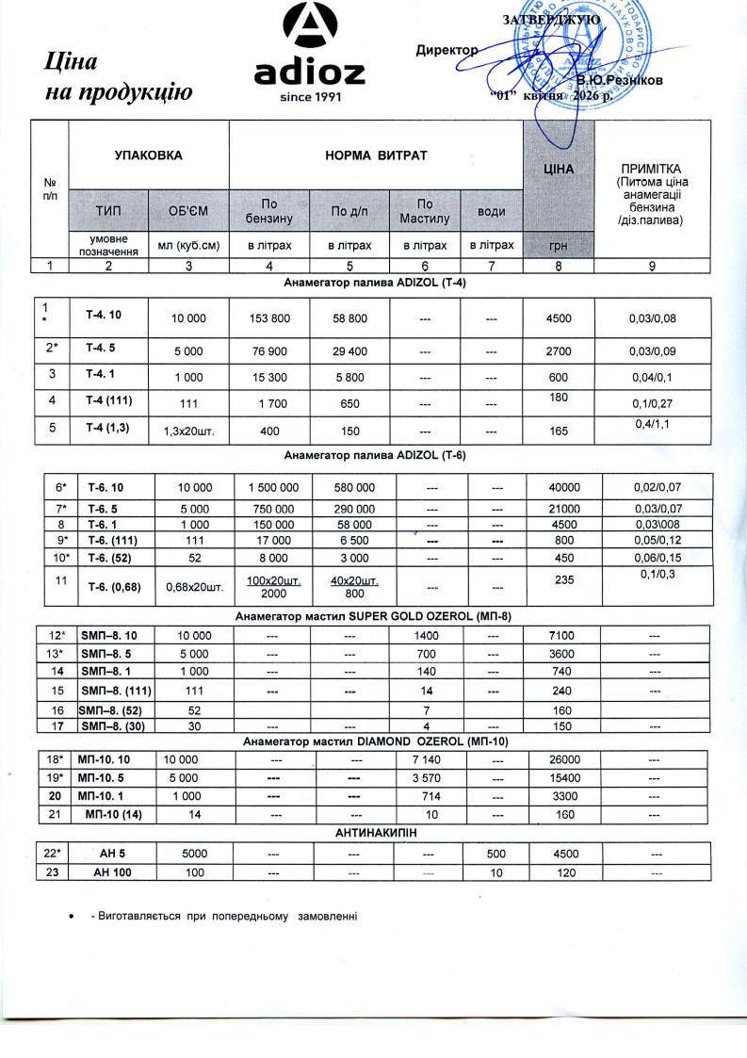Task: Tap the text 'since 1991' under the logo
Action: [310, 96]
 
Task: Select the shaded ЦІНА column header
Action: [559, 170]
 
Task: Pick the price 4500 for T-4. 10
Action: [559, 317]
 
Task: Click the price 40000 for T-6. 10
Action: [565, 487]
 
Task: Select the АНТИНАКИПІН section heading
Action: [376, 834]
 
